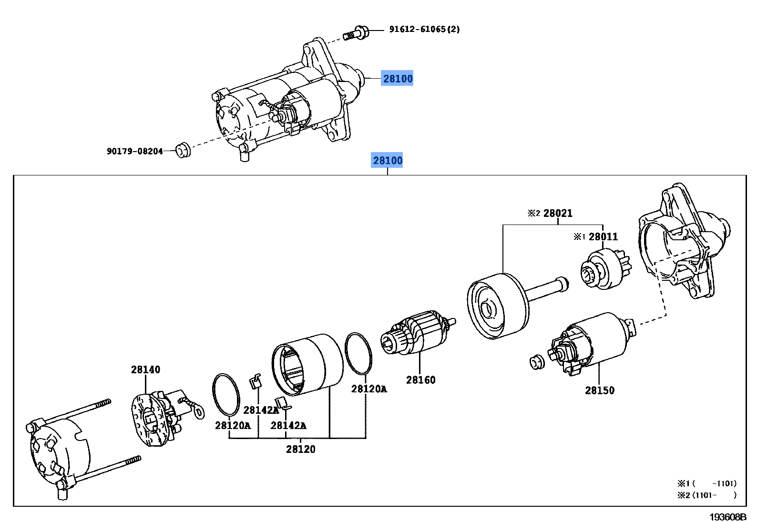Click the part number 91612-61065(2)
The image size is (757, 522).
click(x=424, y=29)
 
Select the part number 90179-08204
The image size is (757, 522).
click(x=135, y=151)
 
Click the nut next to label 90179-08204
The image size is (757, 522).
click(x=183, y=150)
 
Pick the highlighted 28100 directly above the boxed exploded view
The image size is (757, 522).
click(x=387, y=160)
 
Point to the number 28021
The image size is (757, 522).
click(x=558, y=213)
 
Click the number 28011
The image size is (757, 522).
click(x=603, y=236)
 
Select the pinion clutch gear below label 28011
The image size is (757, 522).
click(x=605, y=269)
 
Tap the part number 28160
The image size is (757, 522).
click(x=420, y=380)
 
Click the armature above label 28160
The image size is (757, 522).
click(x=418, y=332)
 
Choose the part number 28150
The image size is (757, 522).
click(x=600, y=390)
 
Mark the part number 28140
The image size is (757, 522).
click(x=145, y=369)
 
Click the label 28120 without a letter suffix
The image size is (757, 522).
click(x=300, y=449)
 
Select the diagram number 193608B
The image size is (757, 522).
click(x=727, y=517)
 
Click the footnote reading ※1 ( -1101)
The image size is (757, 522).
click(x=707, y=483)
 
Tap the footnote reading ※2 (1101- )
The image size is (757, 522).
click(x=707, y=495)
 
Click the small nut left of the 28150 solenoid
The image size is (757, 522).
click(x=537, y=362)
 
